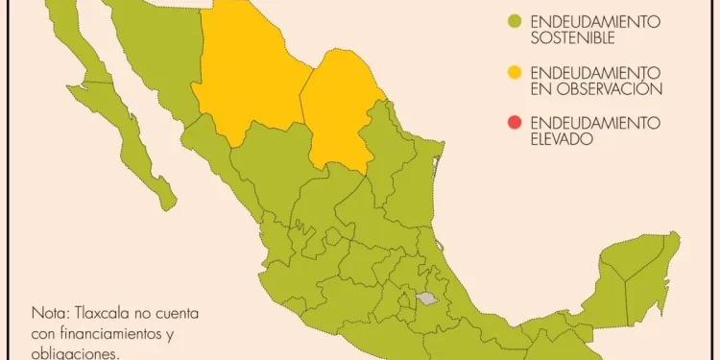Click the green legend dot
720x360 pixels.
[515, 21]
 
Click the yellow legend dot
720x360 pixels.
[515, 72]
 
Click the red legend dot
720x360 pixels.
[515, 123]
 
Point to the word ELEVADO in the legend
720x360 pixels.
[563, 139]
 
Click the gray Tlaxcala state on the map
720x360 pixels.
[427, 298]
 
